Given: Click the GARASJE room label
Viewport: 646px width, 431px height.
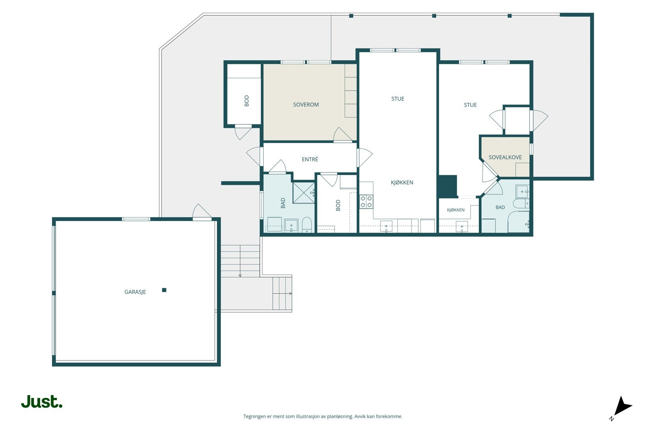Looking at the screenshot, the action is [135, 292].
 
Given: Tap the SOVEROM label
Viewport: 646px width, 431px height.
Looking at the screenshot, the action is [306, 105].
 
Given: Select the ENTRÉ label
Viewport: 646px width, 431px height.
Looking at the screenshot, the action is [310, 159].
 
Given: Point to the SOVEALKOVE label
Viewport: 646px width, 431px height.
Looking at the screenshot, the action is [505, 157].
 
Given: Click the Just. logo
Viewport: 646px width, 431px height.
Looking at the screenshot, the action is [42, 402].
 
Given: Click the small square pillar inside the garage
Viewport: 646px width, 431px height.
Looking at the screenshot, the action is [164, 290].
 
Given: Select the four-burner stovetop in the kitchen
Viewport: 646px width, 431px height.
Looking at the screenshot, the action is [366, 202].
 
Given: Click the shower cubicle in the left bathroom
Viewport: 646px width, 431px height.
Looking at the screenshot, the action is [304, 193].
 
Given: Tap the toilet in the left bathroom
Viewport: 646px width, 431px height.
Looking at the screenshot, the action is [307, 225].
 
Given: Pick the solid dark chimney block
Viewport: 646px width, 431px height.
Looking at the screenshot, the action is [448, 186].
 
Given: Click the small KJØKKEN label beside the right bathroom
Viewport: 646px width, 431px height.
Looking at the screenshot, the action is [456, 210].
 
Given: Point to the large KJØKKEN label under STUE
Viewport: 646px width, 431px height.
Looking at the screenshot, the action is [402, 183].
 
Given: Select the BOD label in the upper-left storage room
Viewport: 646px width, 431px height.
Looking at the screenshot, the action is [247, 101].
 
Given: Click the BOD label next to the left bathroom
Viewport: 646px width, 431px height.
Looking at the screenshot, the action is [338, 206].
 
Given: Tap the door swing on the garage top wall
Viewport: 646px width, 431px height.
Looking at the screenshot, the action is [201, 212].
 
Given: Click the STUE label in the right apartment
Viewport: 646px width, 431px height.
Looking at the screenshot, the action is [470, 105].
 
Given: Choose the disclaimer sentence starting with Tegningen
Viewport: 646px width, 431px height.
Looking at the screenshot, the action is [323, 416].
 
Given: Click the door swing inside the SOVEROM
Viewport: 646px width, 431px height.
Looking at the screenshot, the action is [342, 135].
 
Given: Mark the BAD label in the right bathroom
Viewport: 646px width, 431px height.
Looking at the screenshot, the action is [500, 207].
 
